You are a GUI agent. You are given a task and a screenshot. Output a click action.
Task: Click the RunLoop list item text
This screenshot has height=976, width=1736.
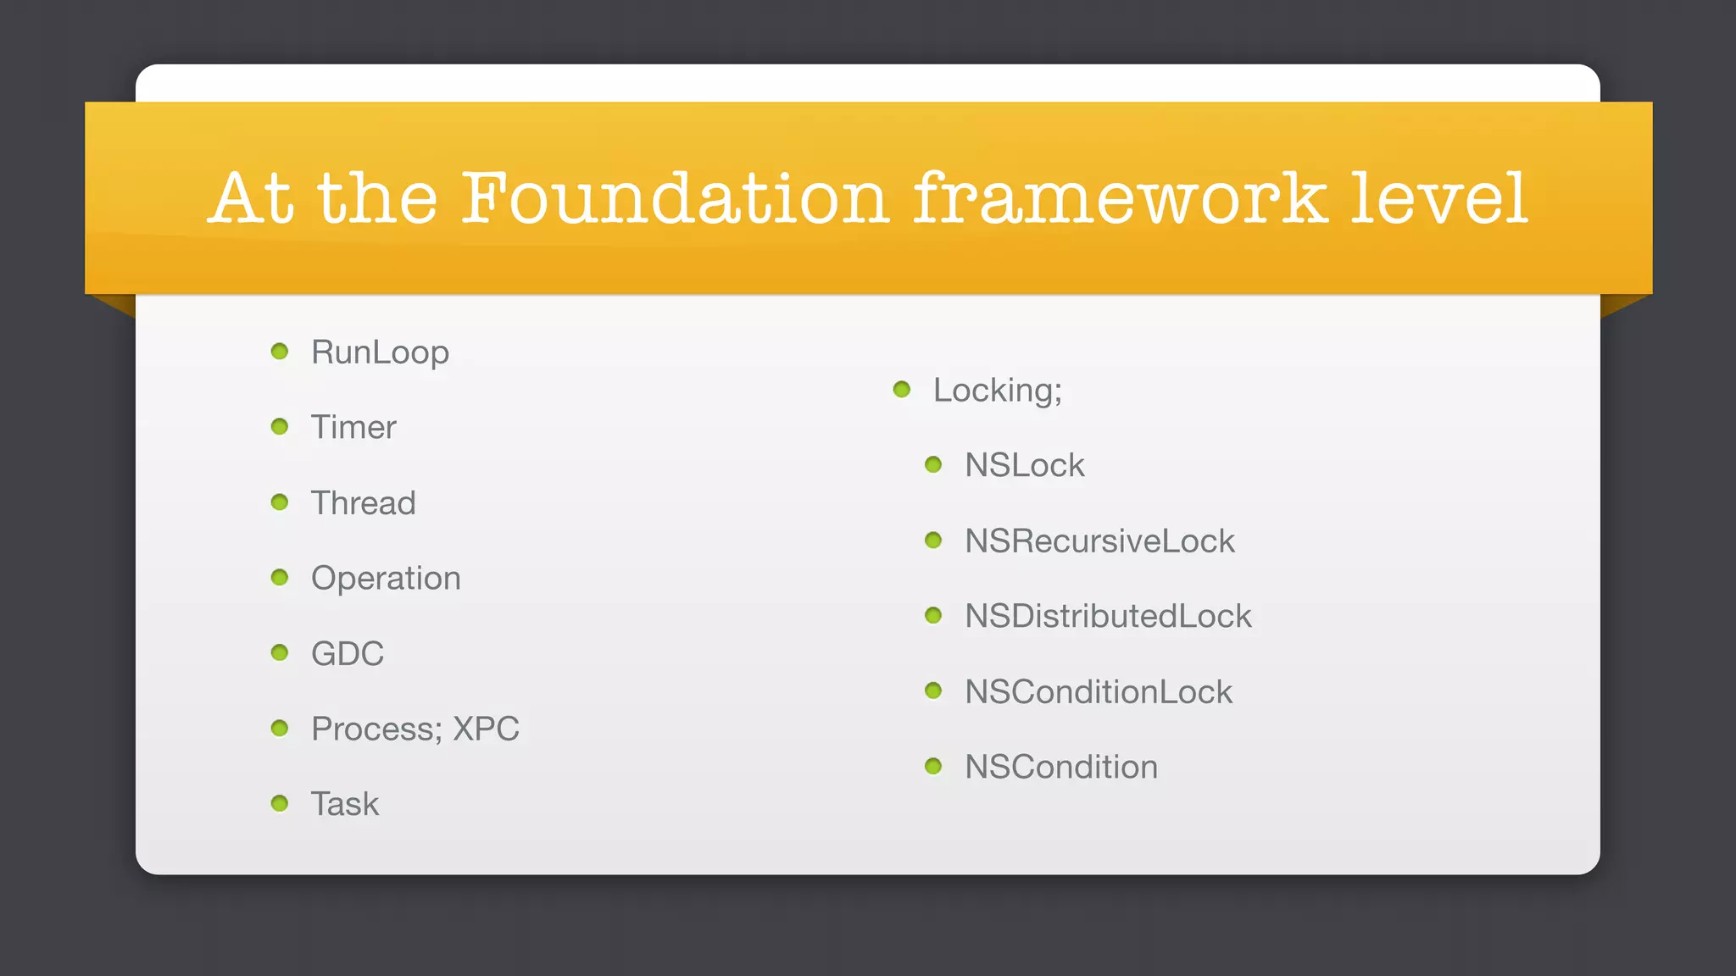point(380,352)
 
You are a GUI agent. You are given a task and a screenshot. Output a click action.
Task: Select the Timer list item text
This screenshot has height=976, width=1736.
point(353,427)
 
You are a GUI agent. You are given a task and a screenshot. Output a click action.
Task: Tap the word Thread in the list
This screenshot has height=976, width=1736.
point(363,502)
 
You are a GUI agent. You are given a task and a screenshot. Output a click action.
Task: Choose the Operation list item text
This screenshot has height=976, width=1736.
point(386,578)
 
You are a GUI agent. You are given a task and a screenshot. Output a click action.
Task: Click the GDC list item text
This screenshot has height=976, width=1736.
point(348,653)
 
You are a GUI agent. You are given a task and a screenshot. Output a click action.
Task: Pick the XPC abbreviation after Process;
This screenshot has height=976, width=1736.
point(486,729)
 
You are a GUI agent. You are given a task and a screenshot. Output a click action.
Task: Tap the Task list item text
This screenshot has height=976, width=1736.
point(345,804)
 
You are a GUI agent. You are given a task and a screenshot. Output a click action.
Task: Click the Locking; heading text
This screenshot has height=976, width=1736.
point(997,391)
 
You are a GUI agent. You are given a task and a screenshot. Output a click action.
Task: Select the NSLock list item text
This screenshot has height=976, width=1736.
point(1024,465)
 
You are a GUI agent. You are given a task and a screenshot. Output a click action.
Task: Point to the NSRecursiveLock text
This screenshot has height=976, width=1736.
point(1099,541)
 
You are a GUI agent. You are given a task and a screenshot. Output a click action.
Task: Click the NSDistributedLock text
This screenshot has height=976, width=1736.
point(1108,616)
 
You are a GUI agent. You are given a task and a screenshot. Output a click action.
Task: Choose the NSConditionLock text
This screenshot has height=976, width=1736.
point(1099,691)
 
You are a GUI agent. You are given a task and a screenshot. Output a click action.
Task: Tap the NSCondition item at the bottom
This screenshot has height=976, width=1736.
point(1061,767)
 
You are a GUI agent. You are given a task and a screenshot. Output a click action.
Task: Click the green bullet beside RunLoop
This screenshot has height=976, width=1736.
point(280,351)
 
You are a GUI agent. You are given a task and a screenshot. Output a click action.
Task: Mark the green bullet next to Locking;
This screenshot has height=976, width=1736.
point(902,390)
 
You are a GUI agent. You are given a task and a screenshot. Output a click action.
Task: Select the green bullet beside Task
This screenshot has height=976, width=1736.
point(280,803)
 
